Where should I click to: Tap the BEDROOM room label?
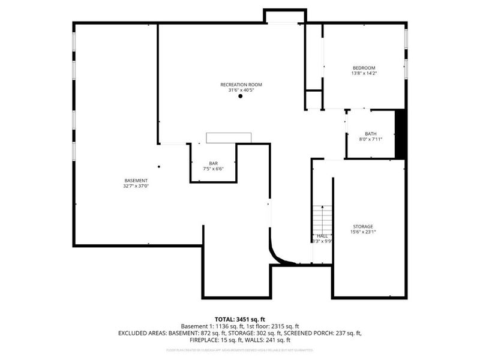click(x=364, y=68)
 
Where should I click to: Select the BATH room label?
click(x=370, y=134)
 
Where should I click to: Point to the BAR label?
click(x=213, y=163)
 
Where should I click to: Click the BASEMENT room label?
click(x=136, y=181)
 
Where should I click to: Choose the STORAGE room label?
click(x=362, y=226)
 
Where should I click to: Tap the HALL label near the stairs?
click(x=322, y=236)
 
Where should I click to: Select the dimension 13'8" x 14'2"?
click(x=364, y=73)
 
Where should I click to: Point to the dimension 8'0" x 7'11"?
click(x=370, y=139)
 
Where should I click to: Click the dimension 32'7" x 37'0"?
click(x=136, y=186)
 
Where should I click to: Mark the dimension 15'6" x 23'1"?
click(x=362, y=232)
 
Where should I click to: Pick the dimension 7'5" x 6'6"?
click(x=213, y=169)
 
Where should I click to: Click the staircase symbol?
click(x=322, y=219)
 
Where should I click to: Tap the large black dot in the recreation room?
click(x=240, y=97)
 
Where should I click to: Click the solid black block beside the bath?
click(x=401, y=134)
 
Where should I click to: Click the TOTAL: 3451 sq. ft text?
click(x=240, y=319)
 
